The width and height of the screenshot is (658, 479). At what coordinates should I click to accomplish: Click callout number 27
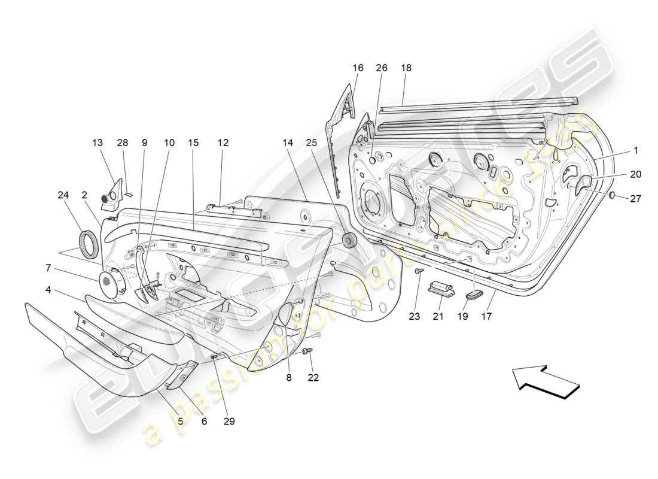click(x=635, y=198)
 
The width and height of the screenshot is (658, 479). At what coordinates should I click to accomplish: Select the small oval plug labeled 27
click(x=613, y=195)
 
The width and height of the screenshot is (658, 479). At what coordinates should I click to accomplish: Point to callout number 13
click(x=98, y=143)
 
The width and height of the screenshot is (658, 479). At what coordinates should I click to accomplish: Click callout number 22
click(x=313, y=377)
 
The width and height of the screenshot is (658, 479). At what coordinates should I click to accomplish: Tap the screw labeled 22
click(x=308, y=351)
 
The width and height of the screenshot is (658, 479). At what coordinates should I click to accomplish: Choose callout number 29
click(x=229, y=421)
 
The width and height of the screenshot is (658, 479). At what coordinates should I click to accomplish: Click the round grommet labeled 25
click(x=348, y=241)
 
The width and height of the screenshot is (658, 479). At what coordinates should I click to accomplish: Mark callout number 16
click(x=358, y=68)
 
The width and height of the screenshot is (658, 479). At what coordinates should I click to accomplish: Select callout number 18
click(x=406, y=68)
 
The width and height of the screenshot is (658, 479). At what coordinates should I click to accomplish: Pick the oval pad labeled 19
click(x=474, y=293)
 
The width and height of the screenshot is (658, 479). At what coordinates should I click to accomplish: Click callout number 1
click(x=636, y=150)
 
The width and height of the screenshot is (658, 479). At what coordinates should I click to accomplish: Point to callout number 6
click(x=204, y=421)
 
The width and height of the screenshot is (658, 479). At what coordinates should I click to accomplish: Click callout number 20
click(x=635, y=174)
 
